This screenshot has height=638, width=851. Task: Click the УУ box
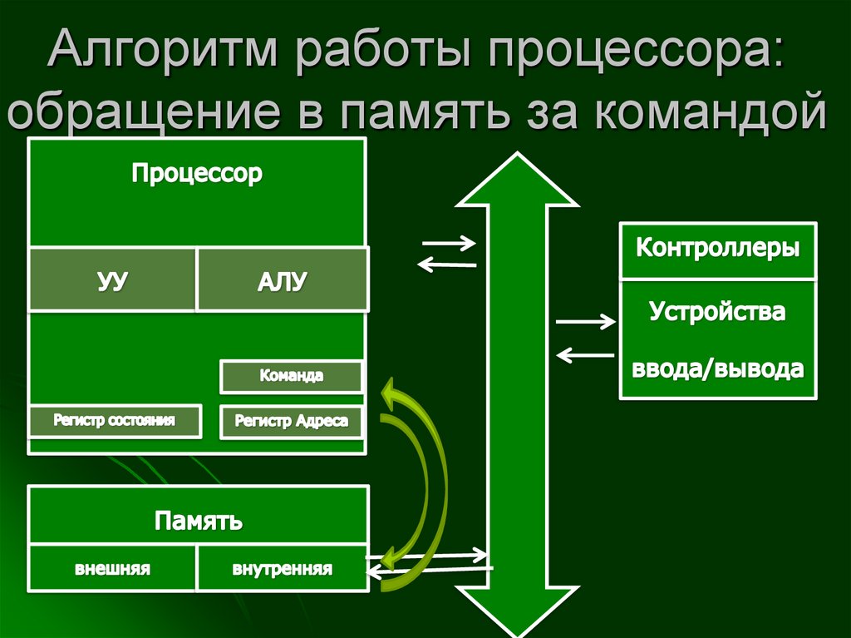(x=112, y=279)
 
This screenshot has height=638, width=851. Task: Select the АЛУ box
(x=282, y=279)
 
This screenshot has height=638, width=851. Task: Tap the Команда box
(x=291, y=376)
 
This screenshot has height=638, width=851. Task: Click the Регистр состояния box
(x=115, y=420)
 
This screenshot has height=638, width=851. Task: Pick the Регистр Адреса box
(x=291, y=421)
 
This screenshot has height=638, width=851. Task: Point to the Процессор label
(x=197, y=174)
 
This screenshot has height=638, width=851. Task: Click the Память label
(x=198, y=521)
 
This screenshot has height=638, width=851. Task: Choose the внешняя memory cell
(x=112, y=570)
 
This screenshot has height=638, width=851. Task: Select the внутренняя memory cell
(x=282, y=570)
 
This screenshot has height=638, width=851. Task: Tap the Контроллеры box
(x=718, y=249)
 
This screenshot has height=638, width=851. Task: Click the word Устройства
(x=718, y=313)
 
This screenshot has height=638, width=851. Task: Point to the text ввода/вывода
(x=718, y=368)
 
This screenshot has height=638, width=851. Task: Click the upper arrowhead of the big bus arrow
(x=516, y=179)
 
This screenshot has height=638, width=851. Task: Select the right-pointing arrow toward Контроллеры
(x=585, y=321)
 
